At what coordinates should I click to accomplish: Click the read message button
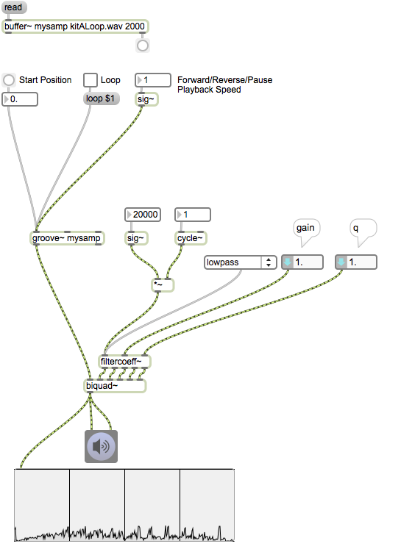(x=14, y=7)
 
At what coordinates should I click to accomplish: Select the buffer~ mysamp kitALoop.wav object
(x=75, y=26)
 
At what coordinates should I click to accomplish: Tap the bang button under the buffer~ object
(x=143, y=46)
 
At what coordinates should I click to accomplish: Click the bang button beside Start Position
(x=9, y=80)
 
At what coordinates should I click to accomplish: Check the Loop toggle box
(x=91, y=80)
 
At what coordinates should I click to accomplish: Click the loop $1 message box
(x=101, y=98)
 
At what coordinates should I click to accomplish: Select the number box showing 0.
(x=20, y=99)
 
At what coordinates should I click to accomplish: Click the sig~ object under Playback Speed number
(x=146, y=99)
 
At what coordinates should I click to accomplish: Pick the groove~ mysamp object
(x=67, y=238)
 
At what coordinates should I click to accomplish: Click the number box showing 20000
(x=143, y=215)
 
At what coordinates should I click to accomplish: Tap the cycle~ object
(x=191, y=238)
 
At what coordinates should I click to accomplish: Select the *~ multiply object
(x=163, y=284)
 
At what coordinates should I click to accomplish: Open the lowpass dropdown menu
(x=241, y=262)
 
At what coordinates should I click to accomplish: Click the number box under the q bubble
(x=356, y=262)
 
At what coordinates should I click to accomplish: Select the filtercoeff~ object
(x=124, y=362)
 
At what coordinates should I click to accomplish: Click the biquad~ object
(x=115, y=386)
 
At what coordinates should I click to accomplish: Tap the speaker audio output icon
(x=101, y=446)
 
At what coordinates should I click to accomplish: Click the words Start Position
(x=45, y=80)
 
